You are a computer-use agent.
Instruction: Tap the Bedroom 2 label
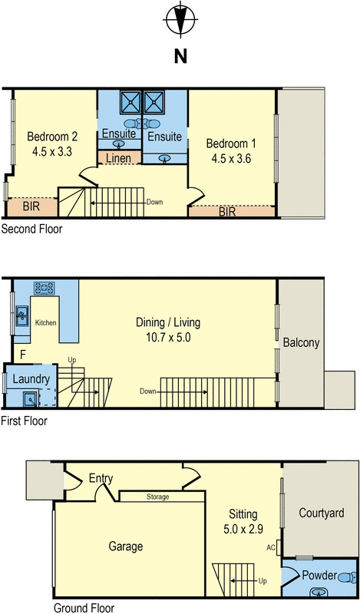coord(52,137)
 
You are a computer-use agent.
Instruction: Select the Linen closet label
coord(119,158)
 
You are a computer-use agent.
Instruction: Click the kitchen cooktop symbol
coord(44,289)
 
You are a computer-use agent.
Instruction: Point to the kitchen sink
coord(22,316)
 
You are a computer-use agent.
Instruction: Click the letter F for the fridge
coord(23,355)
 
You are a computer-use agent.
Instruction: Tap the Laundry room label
coord(31,379)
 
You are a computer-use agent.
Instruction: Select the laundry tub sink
coord(30,399)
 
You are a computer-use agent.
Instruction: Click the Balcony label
coord(301,342)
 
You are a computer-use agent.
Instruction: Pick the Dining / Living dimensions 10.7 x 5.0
coord(168,338)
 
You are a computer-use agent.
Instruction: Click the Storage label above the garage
coord(158,497)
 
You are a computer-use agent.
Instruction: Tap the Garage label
coord(126,546)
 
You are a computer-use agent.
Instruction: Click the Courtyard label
coord(322,513)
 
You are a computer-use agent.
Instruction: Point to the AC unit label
coord(271,548)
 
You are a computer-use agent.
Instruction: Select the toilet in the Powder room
coord(348,578)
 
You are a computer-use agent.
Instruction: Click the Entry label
coord(101,478)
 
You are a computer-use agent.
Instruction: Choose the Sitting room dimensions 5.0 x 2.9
coord(243,530)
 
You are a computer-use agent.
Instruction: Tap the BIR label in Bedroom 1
coord(227,212)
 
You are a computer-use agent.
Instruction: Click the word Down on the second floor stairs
coord(154,202)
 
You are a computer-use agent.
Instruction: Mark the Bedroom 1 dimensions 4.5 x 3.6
coord(231,159)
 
